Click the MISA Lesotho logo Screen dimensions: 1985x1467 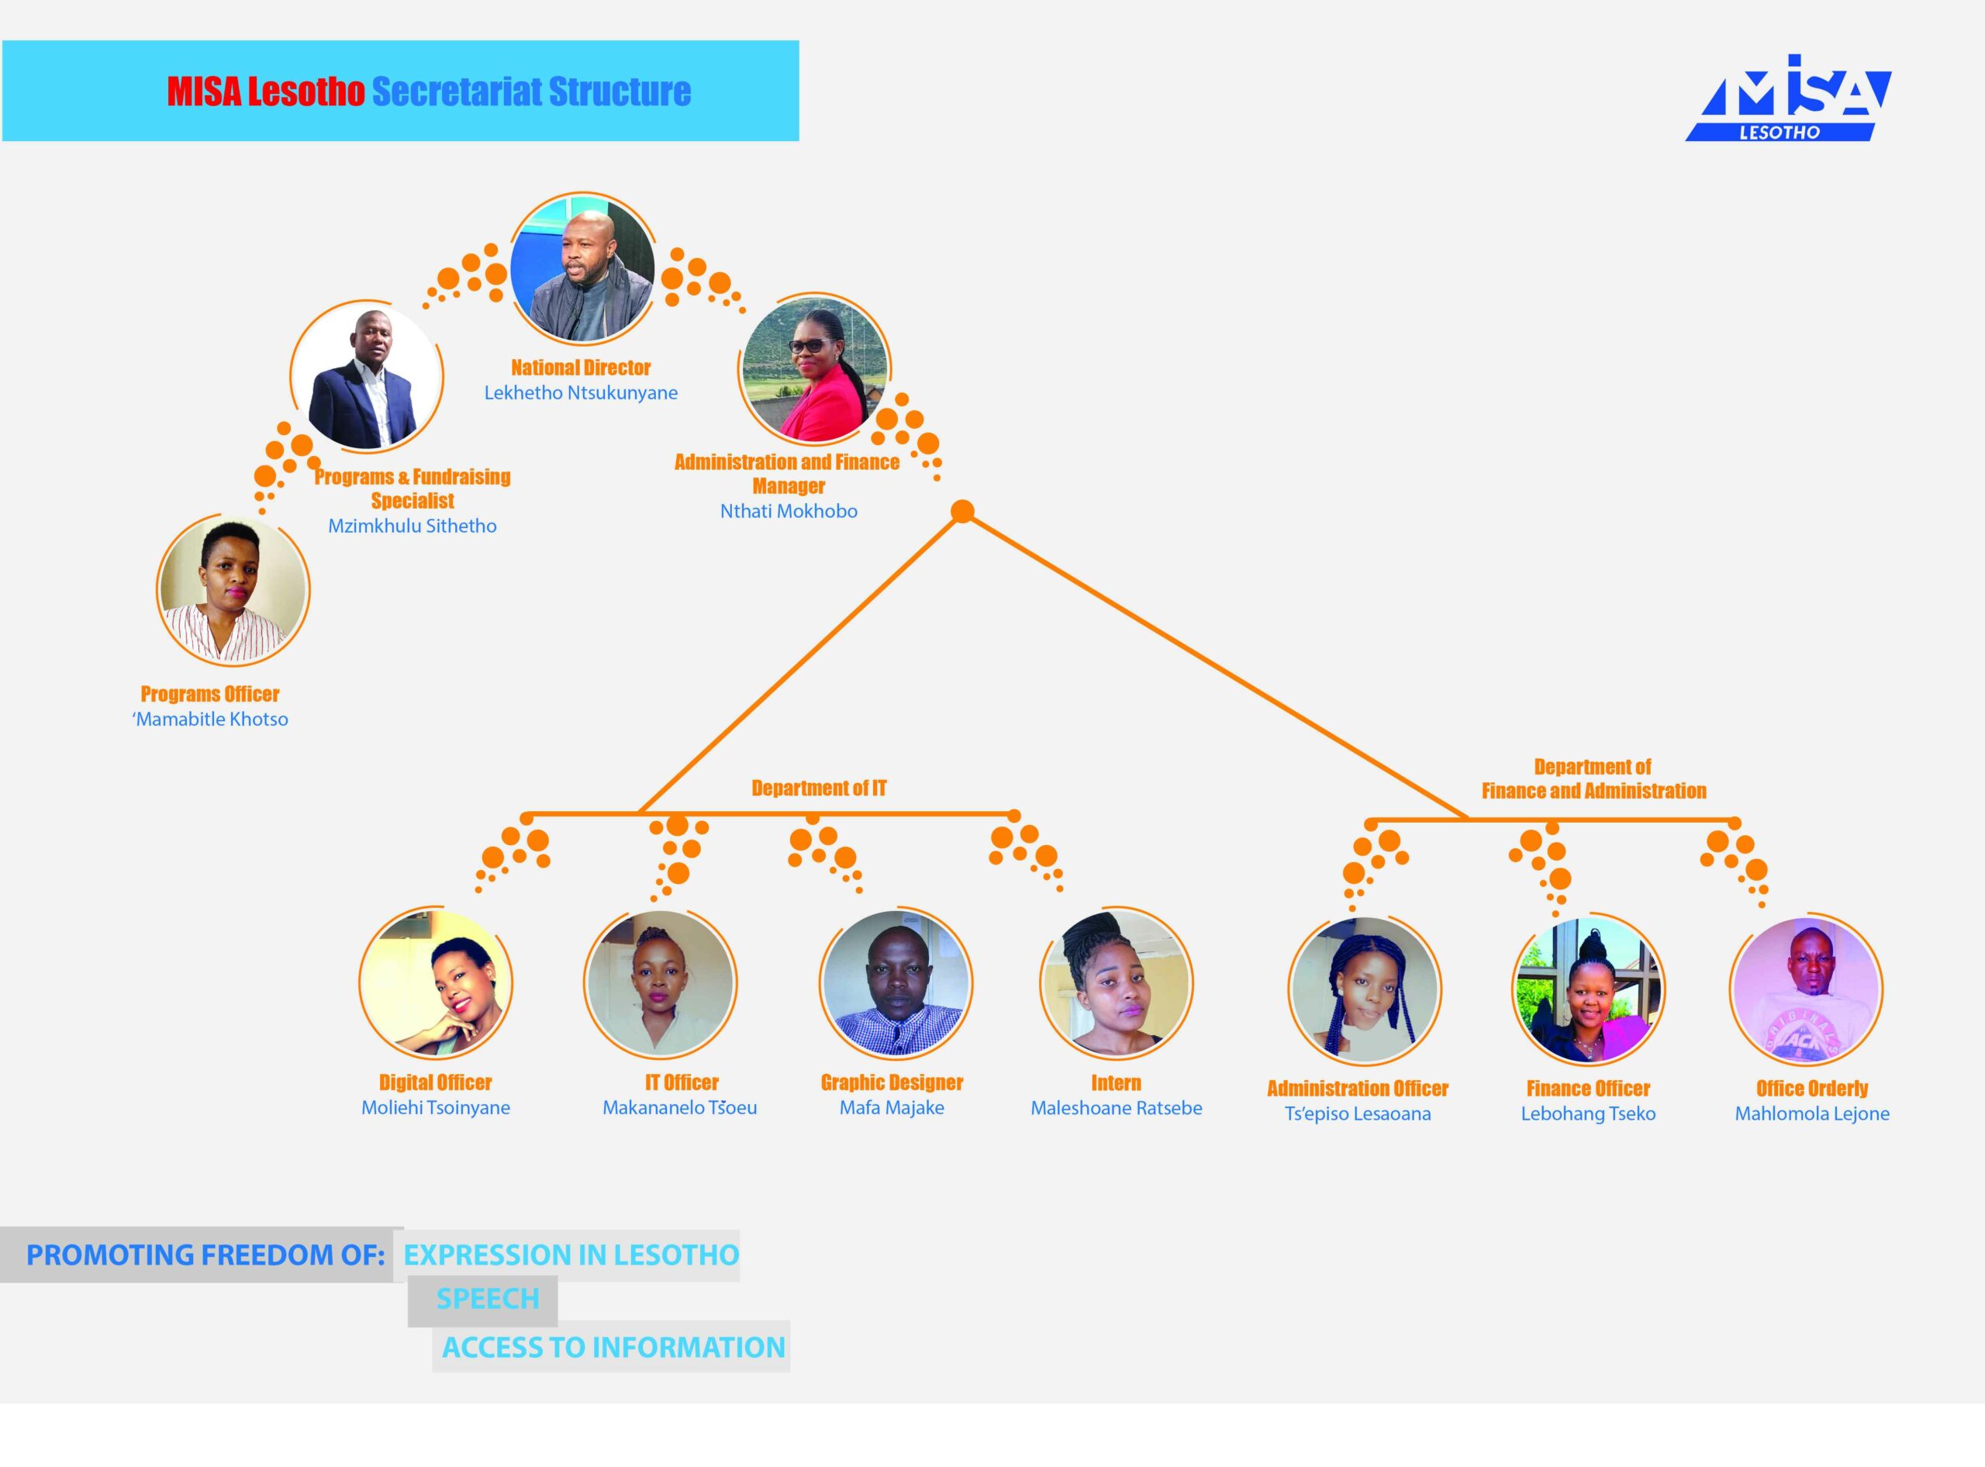point(1789,98)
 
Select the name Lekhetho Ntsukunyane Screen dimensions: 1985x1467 point(581,392)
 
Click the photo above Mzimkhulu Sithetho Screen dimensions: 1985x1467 point(367,377)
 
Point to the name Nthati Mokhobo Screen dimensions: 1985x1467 point(789,511)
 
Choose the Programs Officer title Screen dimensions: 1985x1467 point(209,693)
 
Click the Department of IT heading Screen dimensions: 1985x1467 point(819,788)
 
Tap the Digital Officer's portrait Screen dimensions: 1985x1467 point(435,983)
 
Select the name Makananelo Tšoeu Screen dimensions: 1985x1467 point(679,1107)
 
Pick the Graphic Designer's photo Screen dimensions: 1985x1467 point(896,983)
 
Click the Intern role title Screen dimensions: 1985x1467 point(1117,1082)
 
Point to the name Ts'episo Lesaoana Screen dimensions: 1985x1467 point(1358,1113)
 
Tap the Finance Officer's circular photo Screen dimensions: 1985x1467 point(1588,989)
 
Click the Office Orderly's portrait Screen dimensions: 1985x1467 point(1807,989)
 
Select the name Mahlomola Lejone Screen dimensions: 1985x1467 point(1812,1113)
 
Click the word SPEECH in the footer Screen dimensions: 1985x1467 point(488,1298)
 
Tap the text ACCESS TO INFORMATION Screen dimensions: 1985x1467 point(613,1347)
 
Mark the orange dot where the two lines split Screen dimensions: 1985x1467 point(963,511)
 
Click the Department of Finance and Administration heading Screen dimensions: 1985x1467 point(1593,778)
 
